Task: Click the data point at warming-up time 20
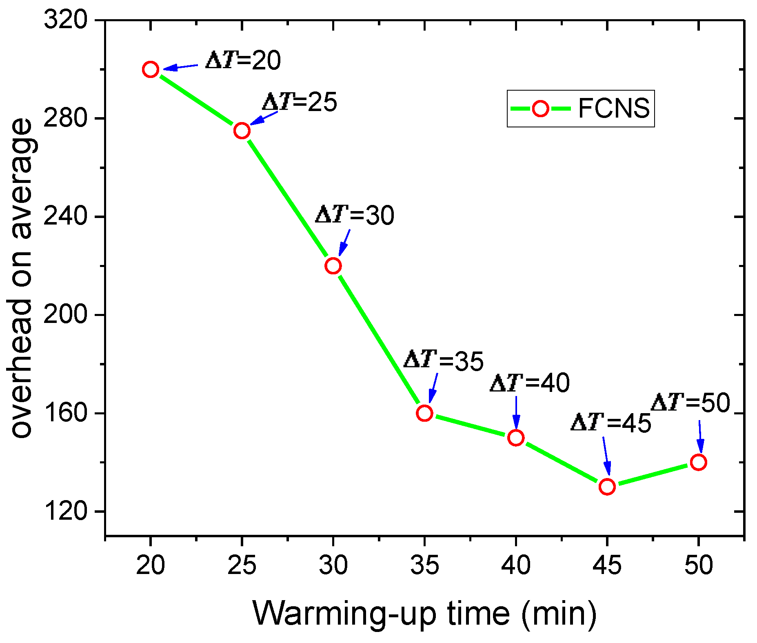click(151, 70)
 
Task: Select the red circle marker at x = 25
click(242, 131)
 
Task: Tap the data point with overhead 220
click(333, 266)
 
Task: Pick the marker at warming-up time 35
click(424, 413)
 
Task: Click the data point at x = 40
click(516, 438)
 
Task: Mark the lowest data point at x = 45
click(607, 487)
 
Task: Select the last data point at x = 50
click(698, 462)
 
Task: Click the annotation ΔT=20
click(243, 60)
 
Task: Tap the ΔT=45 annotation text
click(610, 423)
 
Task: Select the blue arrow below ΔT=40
click(516, 412)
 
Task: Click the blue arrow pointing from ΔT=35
click(433, 388)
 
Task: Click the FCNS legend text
click(613, 109)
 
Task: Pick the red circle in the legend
click(541, 109)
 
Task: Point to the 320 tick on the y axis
click(65, 20)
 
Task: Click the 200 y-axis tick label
click(65, 314)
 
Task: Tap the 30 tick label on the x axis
click(333, 565)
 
